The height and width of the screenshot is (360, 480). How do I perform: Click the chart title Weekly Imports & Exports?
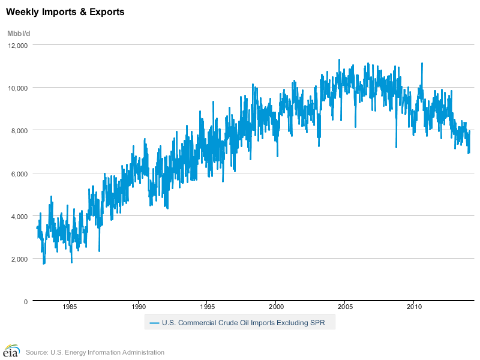click(65, 11)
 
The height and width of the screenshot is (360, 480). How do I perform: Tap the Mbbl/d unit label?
click(19, 33)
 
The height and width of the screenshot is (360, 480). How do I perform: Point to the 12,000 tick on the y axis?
click(18, 45)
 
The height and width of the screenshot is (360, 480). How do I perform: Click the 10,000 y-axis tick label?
click(18, 88)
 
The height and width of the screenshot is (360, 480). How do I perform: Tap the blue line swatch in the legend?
click(154, 323)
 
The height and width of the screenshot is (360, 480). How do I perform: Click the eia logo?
click(11, 350)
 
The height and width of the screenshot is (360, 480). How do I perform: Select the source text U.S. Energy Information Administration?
click(95, 352)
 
